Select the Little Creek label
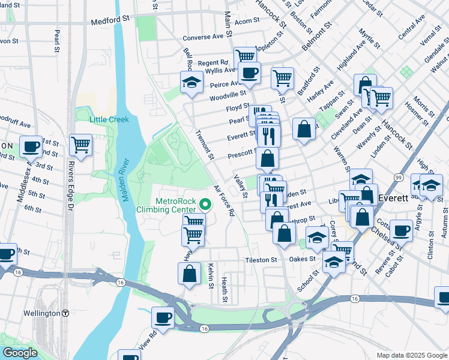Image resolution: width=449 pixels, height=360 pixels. (109, 119)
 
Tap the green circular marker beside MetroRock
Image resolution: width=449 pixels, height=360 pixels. (205, 205)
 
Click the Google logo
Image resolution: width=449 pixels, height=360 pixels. (19, 353)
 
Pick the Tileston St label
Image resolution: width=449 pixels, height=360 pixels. (261, 260)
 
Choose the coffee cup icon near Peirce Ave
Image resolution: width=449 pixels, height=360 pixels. (249, 73)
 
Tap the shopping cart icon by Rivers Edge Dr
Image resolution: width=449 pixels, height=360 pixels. (80, 144)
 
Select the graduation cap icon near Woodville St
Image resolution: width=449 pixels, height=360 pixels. (191, 82)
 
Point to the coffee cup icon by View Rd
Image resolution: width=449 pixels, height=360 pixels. (163, 316)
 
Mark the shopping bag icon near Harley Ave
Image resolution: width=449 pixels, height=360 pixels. (304, 128)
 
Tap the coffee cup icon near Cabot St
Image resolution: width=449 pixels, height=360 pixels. (401, 230)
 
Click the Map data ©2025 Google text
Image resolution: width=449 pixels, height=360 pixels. (411, 355)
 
